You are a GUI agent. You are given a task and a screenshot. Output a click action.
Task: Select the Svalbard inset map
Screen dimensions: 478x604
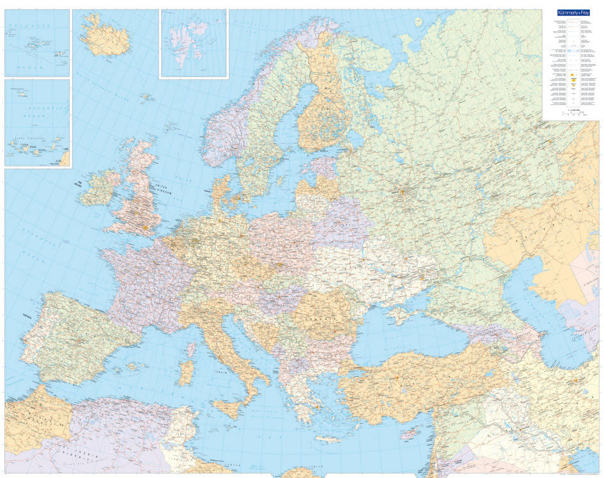coord(193,43)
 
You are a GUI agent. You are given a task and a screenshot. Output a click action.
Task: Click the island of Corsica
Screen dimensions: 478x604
coord(190,349)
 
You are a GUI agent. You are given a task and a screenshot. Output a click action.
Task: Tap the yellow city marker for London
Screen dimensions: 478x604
coord(146,226)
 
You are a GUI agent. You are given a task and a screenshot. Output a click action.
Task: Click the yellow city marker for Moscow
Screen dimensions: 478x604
coord(403,190)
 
